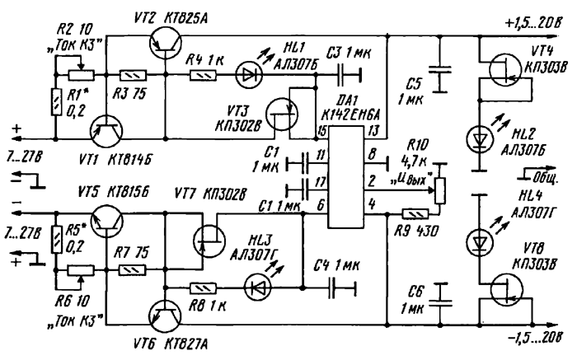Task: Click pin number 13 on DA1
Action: [x=373, y=131]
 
